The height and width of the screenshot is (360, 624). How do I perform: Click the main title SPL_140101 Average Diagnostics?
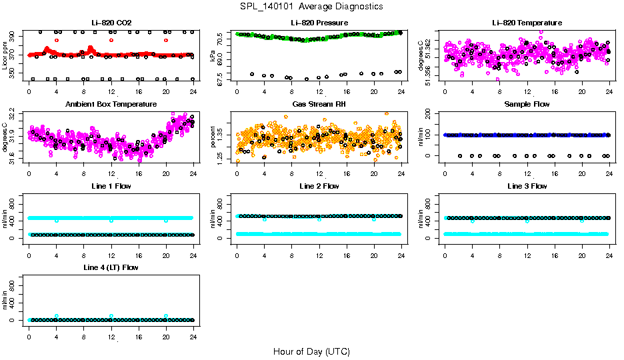[x=311, y=6]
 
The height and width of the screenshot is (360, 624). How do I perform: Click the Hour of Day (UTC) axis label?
[x=311, y=351]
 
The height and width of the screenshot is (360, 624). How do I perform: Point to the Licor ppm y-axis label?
[x=5, y=56]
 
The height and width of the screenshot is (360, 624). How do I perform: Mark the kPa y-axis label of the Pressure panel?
[x=213, y=56]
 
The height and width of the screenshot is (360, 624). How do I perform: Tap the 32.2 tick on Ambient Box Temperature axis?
[x=14, y=115]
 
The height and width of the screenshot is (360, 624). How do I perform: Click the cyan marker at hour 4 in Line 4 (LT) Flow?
[x=57, y=316]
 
